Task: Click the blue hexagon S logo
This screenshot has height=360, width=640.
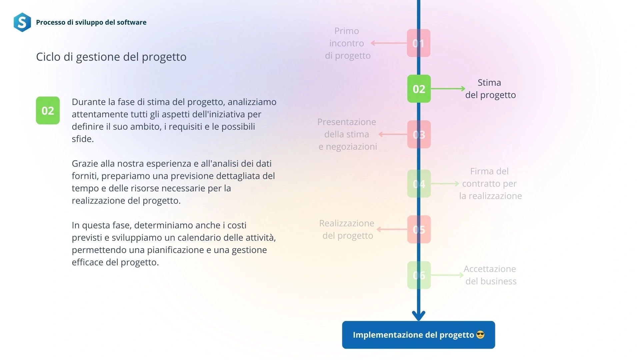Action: [x=22, y=22]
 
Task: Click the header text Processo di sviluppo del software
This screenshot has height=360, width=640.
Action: [x=91, y=22]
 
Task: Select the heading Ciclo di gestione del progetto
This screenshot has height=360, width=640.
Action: [x=111, y=57]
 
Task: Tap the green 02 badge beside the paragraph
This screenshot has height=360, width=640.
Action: [x=48, y=111]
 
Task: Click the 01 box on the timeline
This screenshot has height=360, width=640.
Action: [x=419, y=43]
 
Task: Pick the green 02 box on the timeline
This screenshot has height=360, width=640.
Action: [x=419, y=89]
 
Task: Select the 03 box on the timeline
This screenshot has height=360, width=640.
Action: [x=419, y=134]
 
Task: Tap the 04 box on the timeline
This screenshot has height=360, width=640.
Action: [x=419, y=184]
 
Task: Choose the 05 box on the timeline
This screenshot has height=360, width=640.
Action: [x=419, y=229]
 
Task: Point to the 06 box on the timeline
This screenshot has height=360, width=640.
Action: [x=419, y=275]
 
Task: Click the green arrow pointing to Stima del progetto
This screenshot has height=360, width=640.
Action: [x=448, y=89]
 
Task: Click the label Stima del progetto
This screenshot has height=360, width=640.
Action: [x=490, y=89]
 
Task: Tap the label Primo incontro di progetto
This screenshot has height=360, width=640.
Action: [x=347, y=43]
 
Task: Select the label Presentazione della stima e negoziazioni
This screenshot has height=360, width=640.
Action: [x=347, y=134]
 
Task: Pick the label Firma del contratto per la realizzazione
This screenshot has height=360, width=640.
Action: [x=490, y=184]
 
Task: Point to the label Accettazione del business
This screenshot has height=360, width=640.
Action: [x=490, y=275]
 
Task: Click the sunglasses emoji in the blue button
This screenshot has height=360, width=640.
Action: [x=480, y=335]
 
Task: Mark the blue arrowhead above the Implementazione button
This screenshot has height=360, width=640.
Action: [x=419, y=315]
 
